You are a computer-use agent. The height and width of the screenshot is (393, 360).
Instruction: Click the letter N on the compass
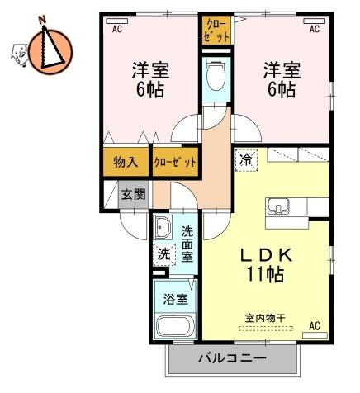[42, 20]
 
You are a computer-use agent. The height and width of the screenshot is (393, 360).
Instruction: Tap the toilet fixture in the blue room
[216, 75]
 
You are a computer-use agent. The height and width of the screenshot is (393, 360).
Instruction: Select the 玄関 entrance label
[134, 195]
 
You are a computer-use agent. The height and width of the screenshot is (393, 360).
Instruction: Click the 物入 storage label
[126, 162]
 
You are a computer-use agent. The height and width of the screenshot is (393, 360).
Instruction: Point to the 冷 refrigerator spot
[246, 160]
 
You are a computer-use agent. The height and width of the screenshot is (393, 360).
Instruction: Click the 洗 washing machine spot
[164, 254]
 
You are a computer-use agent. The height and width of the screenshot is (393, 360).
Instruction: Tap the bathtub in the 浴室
[175, 327]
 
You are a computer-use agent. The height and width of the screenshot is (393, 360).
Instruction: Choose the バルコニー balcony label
[233, 358]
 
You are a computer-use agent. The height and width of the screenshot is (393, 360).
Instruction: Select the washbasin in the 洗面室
[163, 228]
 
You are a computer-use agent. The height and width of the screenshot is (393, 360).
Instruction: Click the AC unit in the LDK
[315, 335]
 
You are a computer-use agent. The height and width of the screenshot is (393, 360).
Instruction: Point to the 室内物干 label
[265, 319]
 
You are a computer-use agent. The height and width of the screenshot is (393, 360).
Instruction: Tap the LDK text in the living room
[266, 255]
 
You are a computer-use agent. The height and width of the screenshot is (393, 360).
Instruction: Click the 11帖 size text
[266, 274]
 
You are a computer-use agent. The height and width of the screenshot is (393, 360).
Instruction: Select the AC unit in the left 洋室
[117, 21]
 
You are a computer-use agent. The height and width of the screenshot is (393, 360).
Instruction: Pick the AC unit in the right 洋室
[315, 21]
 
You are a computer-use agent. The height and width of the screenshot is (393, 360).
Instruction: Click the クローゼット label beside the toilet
[217, 31]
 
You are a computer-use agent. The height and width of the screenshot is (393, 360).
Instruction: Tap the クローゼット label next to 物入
[176, 162]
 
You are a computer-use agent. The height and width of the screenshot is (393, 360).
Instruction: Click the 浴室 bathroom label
[175, 299]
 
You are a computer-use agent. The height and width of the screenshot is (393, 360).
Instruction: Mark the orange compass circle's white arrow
[51, 47]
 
